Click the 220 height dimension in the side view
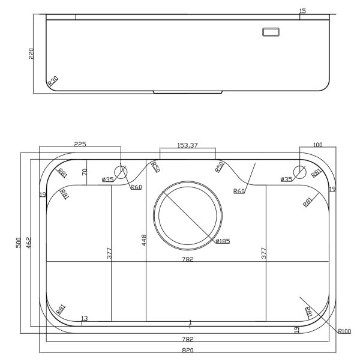(31, 53)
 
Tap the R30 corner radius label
(53, 81)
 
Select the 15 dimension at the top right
(302, 11)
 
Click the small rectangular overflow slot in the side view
(271, 32)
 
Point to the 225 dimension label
(80, 144)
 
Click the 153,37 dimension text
(187, 145)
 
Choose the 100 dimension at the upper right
(318, 145)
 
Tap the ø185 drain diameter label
(223, 241)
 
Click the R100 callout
(344, 331)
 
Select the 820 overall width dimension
(188, 351)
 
